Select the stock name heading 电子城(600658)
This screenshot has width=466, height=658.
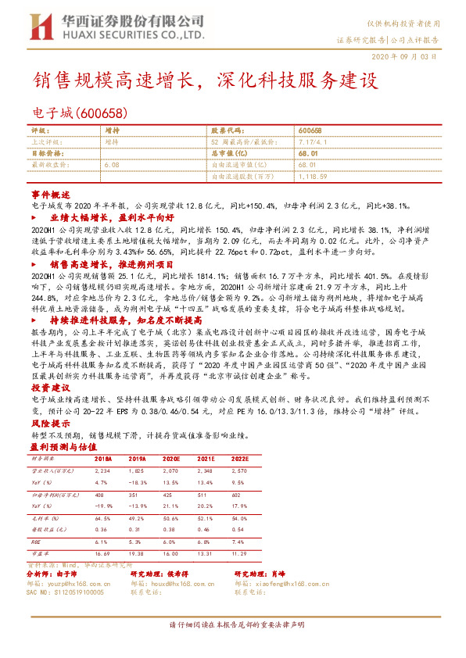coord(75,113)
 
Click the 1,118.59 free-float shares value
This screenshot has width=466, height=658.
coord(313,177)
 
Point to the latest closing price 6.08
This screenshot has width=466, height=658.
coord(111,166)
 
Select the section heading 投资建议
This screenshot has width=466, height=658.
coord(51,388)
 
